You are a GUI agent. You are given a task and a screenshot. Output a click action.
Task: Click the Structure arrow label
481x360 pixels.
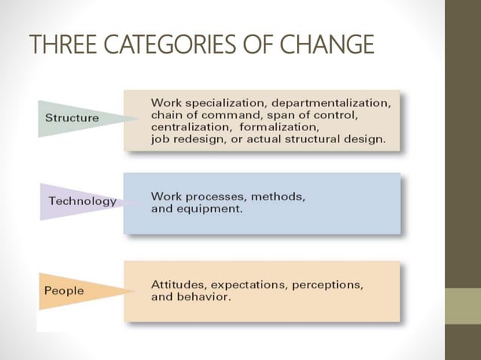coord(72,117)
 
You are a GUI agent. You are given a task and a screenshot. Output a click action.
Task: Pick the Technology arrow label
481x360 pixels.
coord(82,201)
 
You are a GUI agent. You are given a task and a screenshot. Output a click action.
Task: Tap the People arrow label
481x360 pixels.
coord(65,290)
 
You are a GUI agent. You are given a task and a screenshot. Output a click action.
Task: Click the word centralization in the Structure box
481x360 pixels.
coord(190,127)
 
